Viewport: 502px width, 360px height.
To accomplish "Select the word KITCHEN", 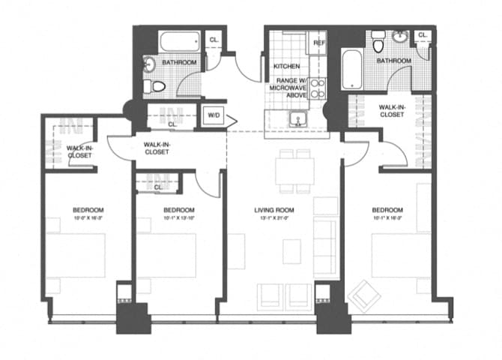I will tap(286, 67).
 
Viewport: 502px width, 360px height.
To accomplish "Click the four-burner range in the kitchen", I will tap(318, 89).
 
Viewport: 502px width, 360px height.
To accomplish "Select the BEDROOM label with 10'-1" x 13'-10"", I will tap(179, 210).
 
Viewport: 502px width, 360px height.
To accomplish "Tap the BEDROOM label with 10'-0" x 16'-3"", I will tap(88, 210).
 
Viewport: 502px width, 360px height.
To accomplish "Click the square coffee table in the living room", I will tap(291, 250).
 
